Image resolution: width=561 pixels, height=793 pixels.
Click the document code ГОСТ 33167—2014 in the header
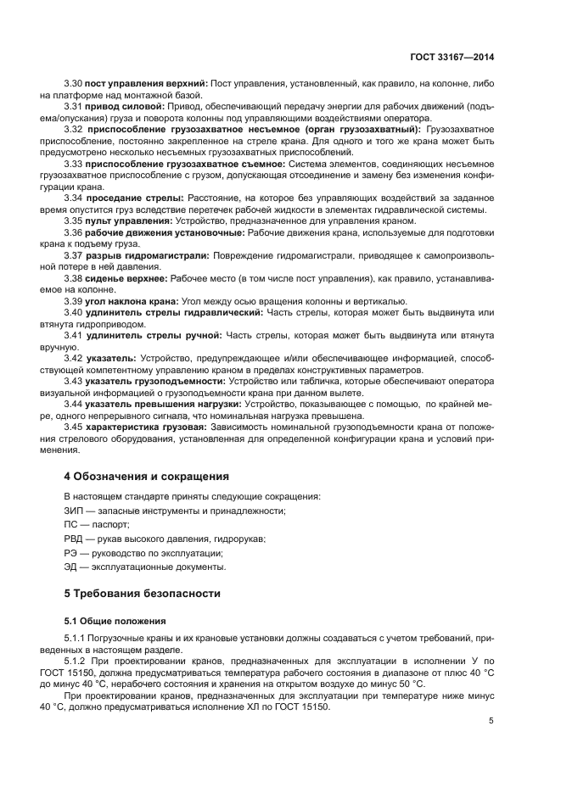click(x=452, y=57)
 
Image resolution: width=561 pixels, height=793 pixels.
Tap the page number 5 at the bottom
click(x=491, y=721)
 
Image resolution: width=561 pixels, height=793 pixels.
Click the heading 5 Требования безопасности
click(x=142, y=593)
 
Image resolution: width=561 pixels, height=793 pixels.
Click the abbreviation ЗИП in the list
click(x=75, y=510)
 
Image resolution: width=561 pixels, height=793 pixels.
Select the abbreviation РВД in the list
click(x=76, y=539)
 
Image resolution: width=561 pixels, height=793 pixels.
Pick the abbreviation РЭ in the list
click(x=72, y=552)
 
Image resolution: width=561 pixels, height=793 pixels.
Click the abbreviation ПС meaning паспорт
click(x=73, y=524)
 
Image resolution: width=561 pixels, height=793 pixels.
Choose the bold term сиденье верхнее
click(x=126, y=277)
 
